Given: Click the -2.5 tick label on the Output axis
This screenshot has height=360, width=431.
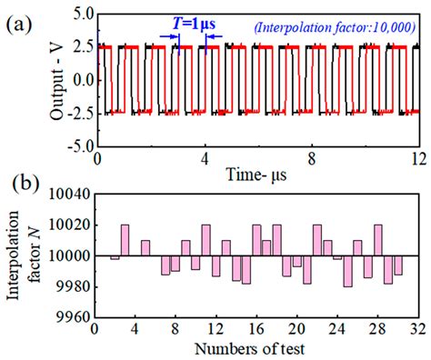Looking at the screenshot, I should (75, 114).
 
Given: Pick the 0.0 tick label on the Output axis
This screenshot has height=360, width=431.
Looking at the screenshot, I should (79, 81).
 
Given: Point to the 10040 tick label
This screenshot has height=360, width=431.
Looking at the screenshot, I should (70, 194).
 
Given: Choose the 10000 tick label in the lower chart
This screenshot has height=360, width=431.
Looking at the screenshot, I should (70, 256).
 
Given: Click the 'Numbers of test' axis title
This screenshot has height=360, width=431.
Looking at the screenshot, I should (258, 348).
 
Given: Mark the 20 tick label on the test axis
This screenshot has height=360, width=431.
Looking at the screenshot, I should (296, 328).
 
